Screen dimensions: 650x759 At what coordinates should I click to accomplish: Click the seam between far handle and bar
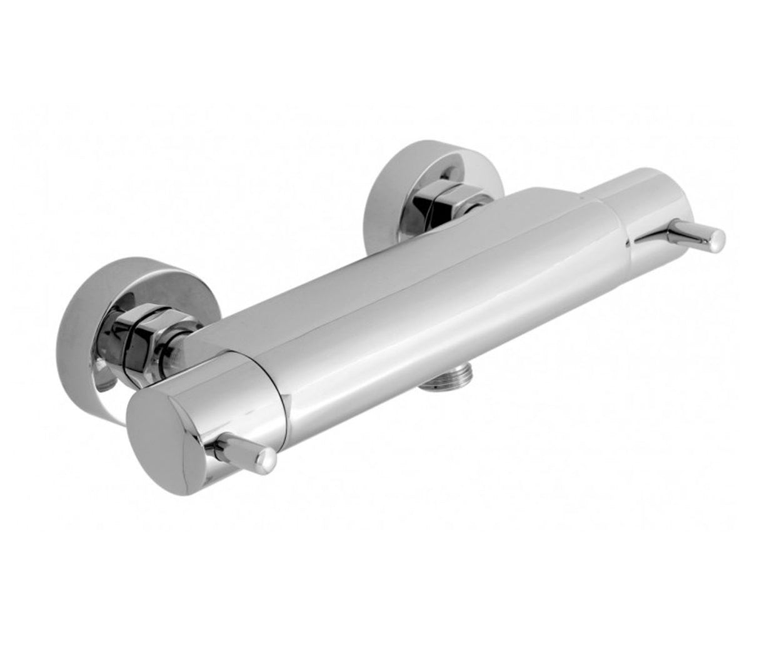pyautogui.click(x=616, y=206)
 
